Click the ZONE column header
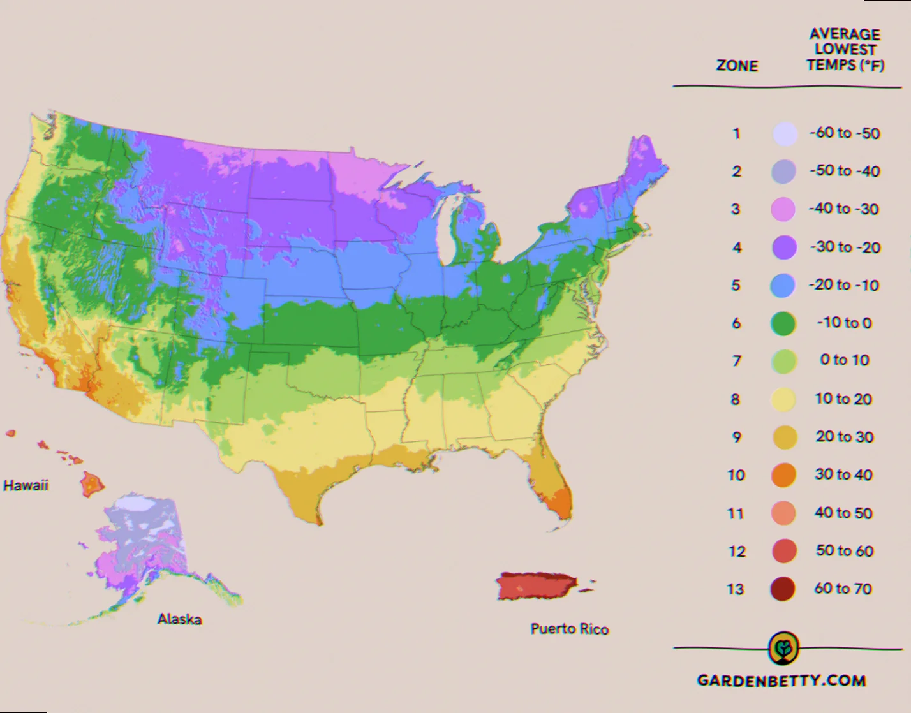737,66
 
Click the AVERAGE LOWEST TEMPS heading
845,50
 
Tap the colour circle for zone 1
784,134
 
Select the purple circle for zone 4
784,247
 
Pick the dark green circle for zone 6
783,323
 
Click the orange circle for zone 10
784,475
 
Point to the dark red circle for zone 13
783,589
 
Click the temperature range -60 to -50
845,133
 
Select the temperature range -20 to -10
844,285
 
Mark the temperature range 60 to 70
843,589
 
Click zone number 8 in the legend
736,400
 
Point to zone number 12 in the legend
737,552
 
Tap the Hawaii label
26,485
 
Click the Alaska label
179,619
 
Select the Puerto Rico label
570,629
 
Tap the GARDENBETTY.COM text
781,680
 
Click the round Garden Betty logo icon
784,649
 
